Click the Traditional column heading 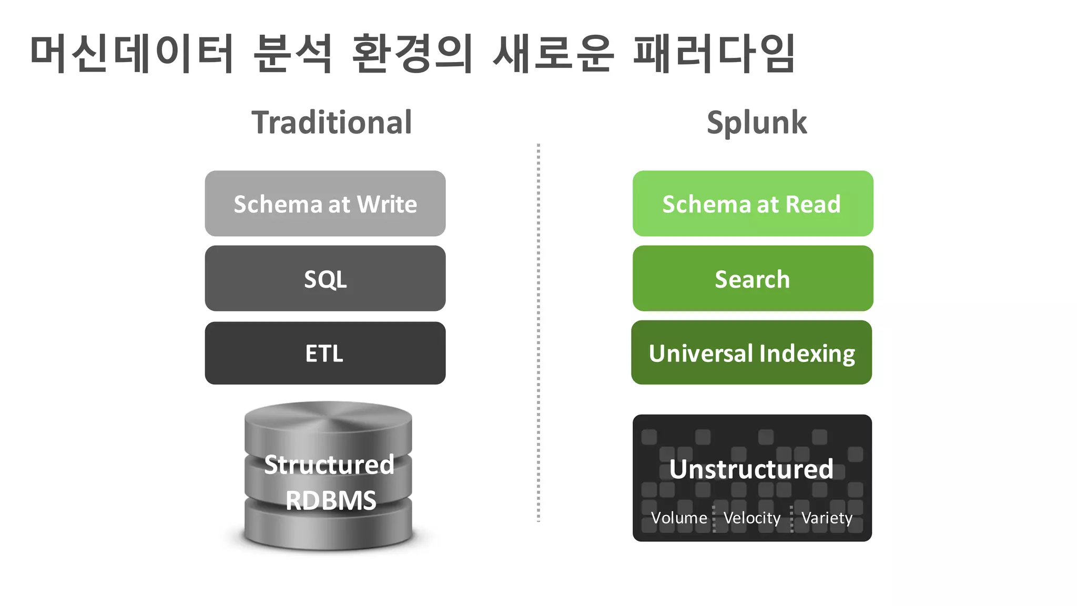pos(331,123)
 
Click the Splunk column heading pos(756,123)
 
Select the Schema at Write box pos(325,204)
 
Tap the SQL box pos(325,279)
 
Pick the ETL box pos(325,353)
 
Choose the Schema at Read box pos(753,204)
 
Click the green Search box pos(753,279)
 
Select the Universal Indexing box pos(751,353)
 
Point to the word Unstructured pos(751,469)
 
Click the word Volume pos(679,518)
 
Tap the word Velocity pos(752,518)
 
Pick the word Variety pos(827,518)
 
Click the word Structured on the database pos(329,465)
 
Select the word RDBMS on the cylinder pos(331,500)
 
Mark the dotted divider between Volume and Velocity pos(714,519)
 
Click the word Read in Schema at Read pos(813,204)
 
